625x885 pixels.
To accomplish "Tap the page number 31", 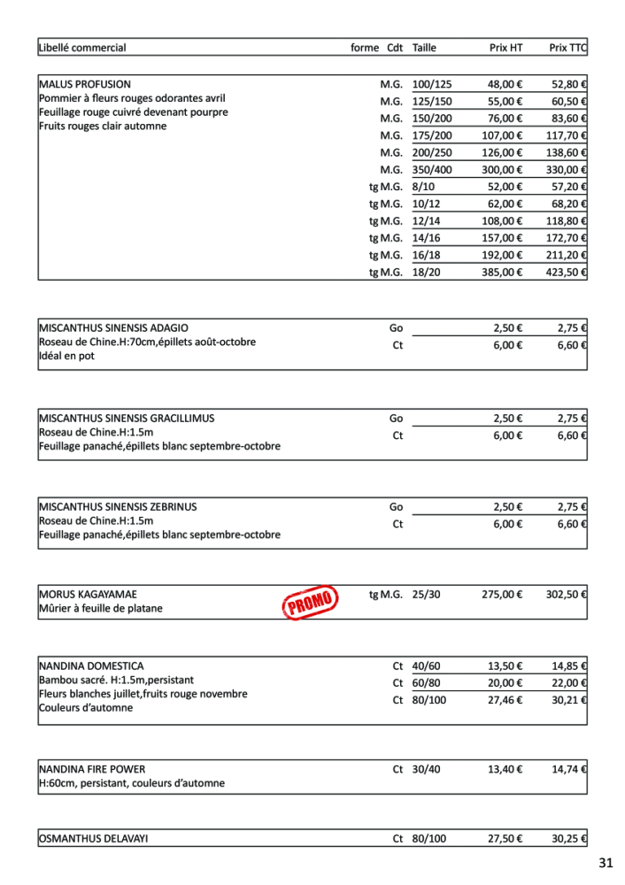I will pos(606,863).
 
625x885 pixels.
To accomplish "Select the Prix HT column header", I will pos(505,48).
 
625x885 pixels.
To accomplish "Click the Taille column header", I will pos(424,48).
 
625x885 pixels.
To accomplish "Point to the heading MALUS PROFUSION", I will pos(85,85).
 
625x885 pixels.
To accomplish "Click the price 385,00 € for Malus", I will pos(502,273).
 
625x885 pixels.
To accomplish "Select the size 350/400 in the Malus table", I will pos(432,170).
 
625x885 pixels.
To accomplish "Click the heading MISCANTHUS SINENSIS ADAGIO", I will pos(113,327).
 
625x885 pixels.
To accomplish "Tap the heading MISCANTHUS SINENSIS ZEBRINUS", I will pos(118,507).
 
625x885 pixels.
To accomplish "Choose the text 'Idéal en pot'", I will pos(66,356).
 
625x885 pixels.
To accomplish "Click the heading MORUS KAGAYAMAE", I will pos(88,595).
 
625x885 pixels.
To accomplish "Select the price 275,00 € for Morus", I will pos(502,595).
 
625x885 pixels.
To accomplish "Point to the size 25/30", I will pos(426,595).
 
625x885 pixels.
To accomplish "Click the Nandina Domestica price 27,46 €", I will pos(505,699).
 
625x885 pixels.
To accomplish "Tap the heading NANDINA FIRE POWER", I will pos(92,769).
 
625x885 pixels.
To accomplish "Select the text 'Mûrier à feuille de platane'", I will pos(101,609).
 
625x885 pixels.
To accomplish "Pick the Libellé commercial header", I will pos(82,48).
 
